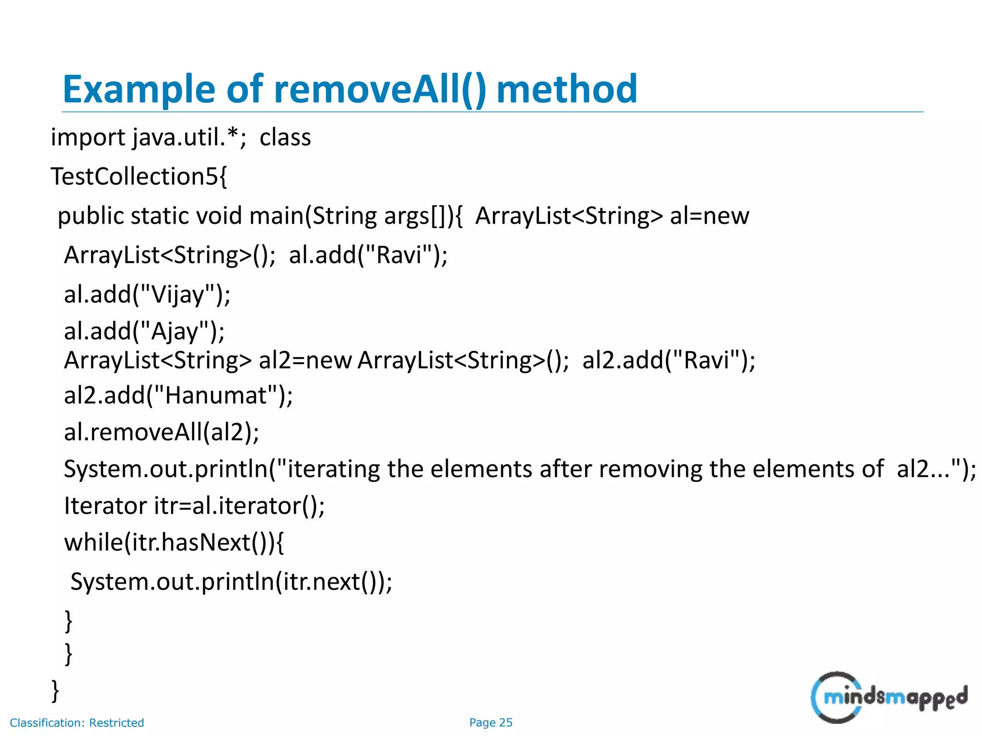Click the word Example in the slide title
click(x=139, y=90)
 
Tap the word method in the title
click(x=566, y=90)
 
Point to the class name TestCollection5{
click(x=139, y=177)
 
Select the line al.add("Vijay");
click(x=147, y=295)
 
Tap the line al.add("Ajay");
click(x=144, y=332)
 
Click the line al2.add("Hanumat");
click(x=178, y=396)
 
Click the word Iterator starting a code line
click(x=105, y=506)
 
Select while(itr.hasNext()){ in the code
click(x=174, y=543)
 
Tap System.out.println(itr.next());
click(x=231, y=582)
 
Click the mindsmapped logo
click(x=888, y=697)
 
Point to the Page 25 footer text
click(x=491, y=723)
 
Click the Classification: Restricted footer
click(x=77, y=723)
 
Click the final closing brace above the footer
click(x=56, y=691)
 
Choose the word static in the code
click(x=159, y=216)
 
